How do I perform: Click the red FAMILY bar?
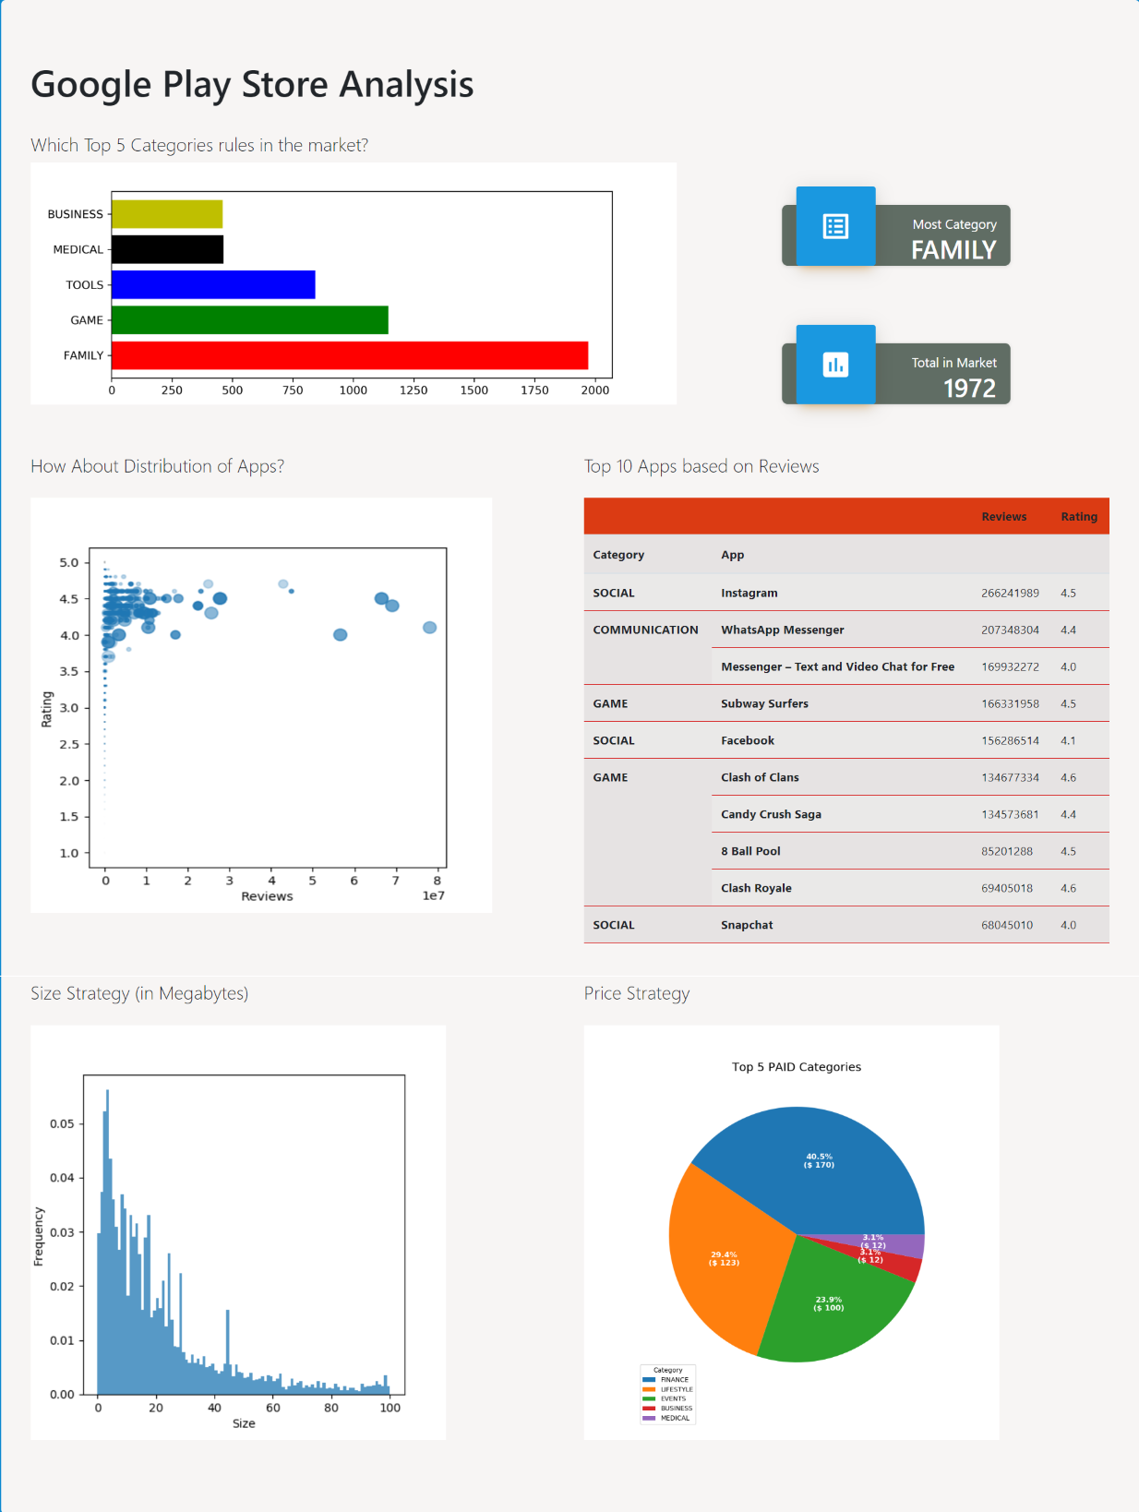click(x=349, y=355)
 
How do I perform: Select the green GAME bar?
click(x=249, y=320)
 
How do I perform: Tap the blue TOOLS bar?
click(x=213, y=284)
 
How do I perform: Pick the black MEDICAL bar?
click(x=167, y=249)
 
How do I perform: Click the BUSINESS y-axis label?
click(x=76, y=214)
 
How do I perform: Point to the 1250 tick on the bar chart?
click(x=414, y=390)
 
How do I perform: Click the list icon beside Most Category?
click(x=835, y=226)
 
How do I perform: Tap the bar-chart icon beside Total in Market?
click(x=835, y=365)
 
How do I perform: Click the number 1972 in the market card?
click(x=969, y=389)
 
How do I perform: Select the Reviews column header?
click(x=1003, y=517)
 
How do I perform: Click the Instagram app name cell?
click(x=749, y=593)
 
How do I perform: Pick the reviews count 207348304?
click(x=1010, y=630)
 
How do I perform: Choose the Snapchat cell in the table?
click(x=747, y=925)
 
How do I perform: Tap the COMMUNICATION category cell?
click(x=645, y=630)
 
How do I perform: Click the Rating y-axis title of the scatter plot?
click(x=46, y=709)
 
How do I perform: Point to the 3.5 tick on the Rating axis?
click(x=69, y=671)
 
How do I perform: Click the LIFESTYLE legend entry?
click(x=676, y=1389)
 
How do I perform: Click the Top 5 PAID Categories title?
click(x=797, y=1067)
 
